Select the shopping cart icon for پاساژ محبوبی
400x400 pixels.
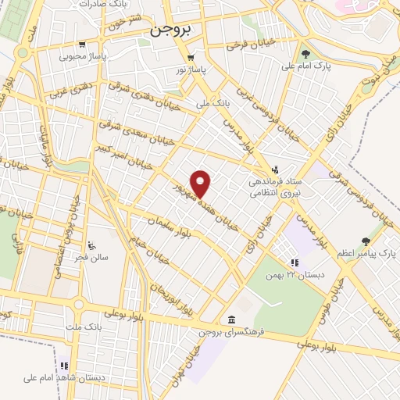[83, 44]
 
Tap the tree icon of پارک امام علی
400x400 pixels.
[305, 55]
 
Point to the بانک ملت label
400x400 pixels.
[91, 324]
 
